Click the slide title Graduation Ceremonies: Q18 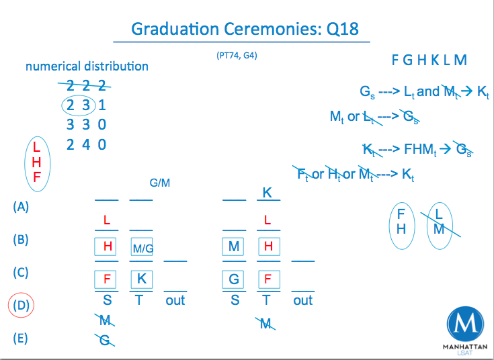[245, 29]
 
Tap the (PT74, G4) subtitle [236, 56]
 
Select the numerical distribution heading [87, 66]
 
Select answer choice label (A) [21, 207]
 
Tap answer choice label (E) [21, 338]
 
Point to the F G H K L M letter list [429, 60]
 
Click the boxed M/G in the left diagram [142, 248]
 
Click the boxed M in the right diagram [234, 246]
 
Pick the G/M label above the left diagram [159, 183]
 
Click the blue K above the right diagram [267, 193]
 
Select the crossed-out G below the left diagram [105, 341]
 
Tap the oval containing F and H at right [401, 222]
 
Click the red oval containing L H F [37, 163]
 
